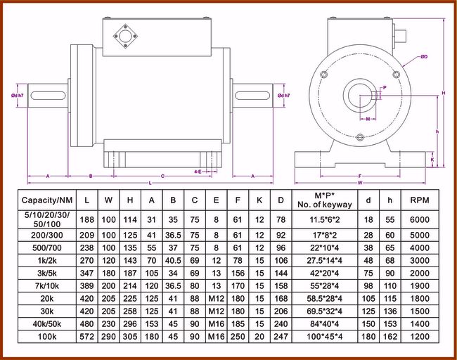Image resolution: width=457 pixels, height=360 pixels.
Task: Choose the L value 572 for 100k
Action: [86, 337]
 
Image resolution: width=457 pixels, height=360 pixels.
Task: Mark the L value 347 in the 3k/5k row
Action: [86, 273]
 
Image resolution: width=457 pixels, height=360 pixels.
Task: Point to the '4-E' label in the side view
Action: [199, 171]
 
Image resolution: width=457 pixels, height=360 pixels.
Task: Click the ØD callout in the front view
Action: [424, 56]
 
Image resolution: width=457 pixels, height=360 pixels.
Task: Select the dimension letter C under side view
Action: [162, 176]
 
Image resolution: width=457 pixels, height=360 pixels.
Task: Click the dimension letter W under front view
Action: [360, 183]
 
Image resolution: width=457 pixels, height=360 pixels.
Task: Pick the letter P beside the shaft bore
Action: [384, 88]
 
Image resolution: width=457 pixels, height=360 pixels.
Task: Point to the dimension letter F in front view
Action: [360, 176]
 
